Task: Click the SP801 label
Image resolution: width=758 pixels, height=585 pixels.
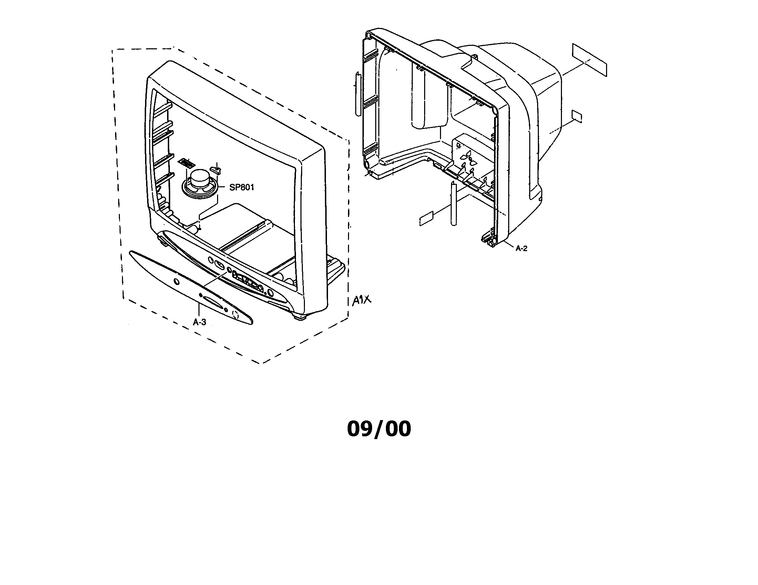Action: click(x=242, y=187)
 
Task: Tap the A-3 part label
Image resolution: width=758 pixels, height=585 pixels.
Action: click(x=199, y=322)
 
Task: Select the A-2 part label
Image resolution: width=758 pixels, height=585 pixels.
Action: click(x=521, y=248)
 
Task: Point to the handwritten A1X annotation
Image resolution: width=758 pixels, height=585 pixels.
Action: click(x=361, y=300)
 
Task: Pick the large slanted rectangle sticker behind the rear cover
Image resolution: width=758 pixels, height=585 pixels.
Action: click(x=589, y=60)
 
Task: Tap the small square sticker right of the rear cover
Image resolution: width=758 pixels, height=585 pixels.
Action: click(x=577, y=117)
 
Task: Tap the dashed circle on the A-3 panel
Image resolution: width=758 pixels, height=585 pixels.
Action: click(x=235, y=315)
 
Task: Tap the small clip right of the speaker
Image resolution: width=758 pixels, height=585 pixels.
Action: click(x=216, y=169)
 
